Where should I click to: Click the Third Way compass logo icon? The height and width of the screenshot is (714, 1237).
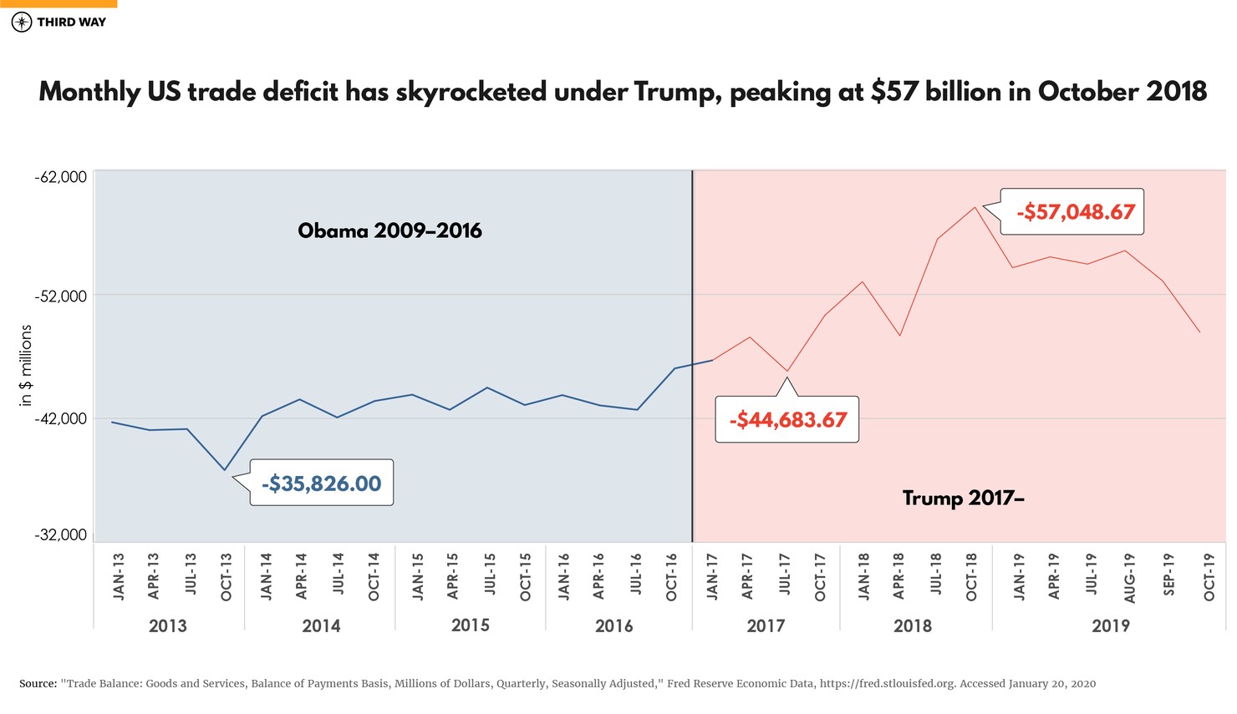coord(22,23)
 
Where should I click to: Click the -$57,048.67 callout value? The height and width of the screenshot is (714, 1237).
coord(1075,212)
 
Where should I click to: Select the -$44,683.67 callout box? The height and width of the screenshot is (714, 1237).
coord(787,419)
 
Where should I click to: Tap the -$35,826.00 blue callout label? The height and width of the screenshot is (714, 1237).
coord(321,484)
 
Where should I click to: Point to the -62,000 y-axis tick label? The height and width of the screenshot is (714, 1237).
coord(61,177)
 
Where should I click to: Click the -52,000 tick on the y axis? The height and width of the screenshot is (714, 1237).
coord(61,296)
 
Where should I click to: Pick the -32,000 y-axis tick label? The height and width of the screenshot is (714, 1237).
coord(61,534)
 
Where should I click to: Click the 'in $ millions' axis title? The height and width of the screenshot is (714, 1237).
coord(26,366)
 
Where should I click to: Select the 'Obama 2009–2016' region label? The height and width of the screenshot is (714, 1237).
coord(389,230)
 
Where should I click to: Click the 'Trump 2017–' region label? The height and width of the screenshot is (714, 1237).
coord(963,499)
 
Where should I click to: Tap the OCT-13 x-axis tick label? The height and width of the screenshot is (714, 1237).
coord(227,576)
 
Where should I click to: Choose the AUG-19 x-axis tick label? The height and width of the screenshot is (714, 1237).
coord(1129,577)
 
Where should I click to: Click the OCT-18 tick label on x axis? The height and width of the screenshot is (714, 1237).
coord(972,576)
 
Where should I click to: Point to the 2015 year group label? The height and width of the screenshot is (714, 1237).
coord(470,625)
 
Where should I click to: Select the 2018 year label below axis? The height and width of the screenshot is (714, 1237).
coord(912,625)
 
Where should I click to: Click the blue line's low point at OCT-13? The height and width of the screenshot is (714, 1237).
coord(225,470)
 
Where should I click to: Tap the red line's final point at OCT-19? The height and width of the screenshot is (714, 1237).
coord(1200,332)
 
